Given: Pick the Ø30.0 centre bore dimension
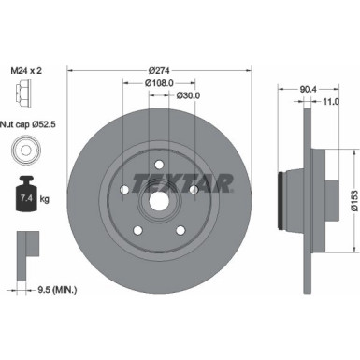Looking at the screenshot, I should [185, 95].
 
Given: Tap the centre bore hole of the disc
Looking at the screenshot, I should [157, 199].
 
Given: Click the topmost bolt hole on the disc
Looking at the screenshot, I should [157, 167].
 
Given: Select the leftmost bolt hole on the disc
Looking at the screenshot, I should [124, 191].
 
